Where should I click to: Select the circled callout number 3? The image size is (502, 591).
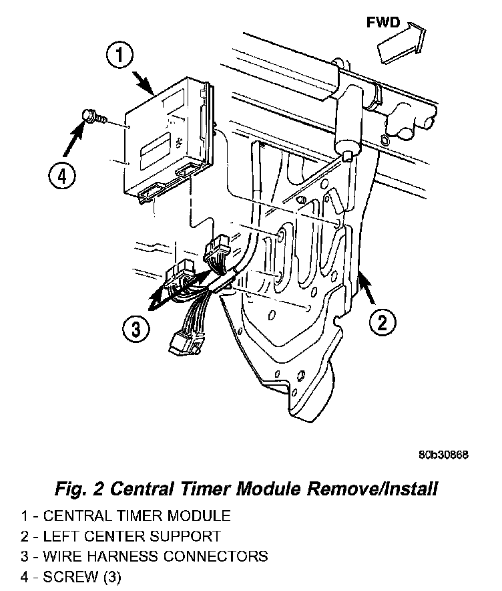click(x=136, y=329)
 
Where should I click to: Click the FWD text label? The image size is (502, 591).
click(x=383, y=23)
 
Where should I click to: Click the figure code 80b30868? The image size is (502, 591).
click(x=443, y=455)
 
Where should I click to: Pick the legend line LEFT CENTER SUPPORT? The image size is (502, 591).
click(x=120, y=536)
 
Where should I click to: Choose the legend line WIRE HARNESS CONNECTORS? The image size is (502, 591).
click(x=144, y=556)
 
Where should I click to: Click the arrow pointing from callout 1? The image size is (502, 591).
click(x=145, y=84)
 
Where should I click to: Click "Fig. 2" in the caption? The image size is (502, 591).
click(x=79, y=489)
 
